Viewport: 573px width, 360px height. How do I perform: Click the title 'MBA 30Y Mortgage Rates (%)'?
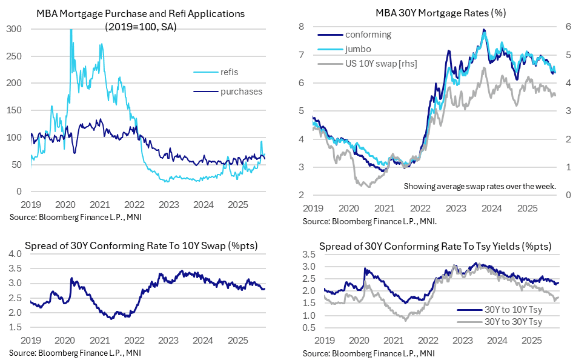point(431,13)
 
